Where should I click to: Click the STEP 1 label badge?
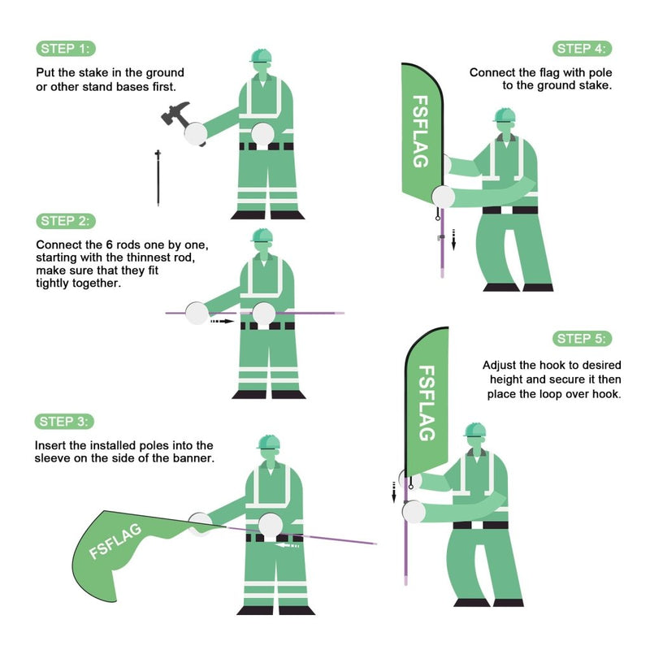(x=67, y=48)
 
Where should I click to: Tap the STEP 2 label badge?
(x=67, y=221)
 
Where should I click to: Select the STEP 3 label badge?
(x=65, y=421)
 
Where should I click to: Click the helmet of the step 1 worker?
(x=261, y=55)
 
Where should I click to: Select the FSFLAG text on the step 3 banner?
(x=115, y=541)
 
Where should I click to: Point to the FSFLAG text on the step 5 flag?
(x=426, y=402)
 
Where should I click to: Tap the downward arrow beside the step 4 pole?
(x=454, y=239)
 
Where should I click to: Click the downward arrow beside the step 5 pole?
(x=393, y=492)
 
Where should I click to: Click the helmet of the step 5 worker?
(x=474, y=430)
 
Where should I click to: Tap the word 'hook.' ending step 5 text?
(x=604, y=394)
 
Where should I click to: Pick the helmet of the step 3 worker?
(x=268, y=441)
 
